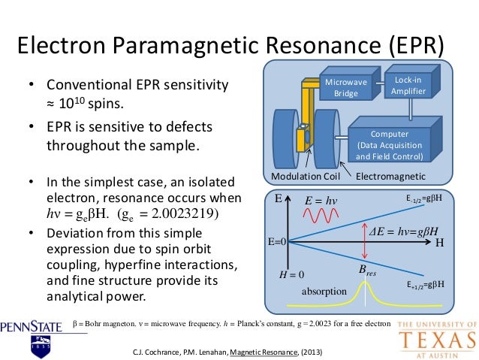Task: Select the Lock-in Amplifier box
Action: [405, 85]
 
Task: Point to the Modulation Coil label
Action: [306, 177]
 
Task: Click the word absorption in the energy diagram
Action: [324, 290]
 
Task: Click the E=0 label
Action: [279, 244]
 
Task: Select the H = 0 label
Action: [291, 275]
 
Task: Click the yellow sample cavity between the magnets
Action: [302, 139]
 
